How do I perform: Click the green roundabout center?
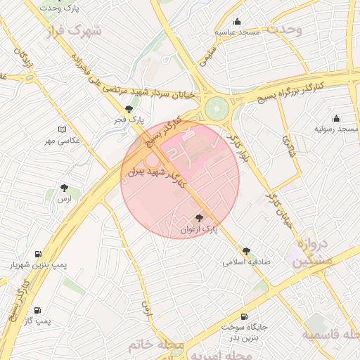point(216,109)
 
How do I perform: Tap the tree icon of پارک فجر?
point(128,109)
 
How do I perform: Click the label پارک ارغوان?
point(198,229)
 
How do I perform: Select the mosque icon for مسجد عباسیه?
point(238,21)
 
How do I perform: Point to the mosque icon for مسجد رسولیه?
point(336,118)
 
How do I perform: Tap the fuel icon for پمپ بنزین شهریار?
point(37,254)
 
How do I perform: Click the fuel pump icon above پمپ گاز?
point(37,309)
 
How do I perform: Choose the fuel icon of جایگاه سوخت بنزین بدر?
point(244,317)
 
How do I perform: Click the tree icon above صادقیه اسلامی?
point(246,250)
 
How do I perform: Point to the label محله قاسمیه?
point(330,335)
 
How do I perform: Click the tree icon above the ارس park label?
point(65,188)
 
